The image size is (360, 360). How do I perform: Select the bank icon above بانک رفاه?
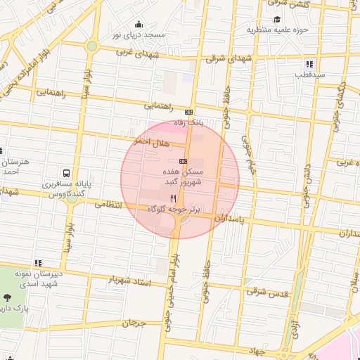click(x=188, y=112)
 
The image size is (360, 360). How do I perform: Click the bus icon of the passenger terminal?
click(x=65, y=172)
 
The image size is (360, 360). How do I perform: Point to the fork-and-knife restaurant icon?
click(x=173, y=199)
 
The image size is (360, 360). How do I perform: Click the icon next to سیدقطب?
click(x=309, y=64)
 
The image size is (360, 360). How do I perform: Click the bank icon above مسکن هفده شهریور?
click(x=183, y=162)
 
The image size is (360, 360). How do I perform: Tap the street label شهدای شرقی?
click(x=229, y=59)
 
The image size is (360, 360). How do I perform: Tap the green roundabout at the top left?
click(x=91, y=46)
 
